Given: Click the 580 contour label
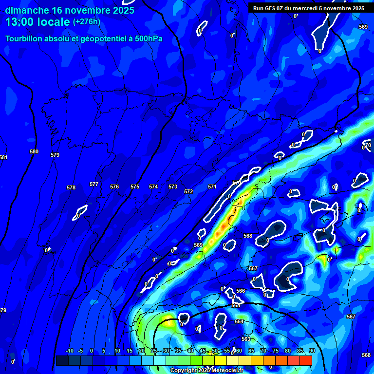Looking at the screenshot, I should pyautogui.click(x=34, y=151).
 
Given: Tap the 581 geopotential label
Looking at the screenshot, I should pyautogui.click(x=3, y=157).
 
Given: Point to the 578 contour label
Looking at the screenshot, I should pyautogui.click(x=71, y=187).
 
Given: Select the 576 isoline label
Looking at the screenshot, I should pyautogui.click(x=114, y=187).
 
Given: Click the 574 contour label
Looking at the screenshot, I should pyautogui.click(x=153, y=187).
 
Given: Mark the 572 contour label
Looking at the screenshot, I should pyautogui.click(x=188, y=191).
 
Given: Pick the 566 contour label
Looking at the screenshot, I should pyautogui.click(x=241, y=291).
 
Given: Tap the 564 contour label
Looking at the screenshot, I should pyautogui.click(x=239, y=321).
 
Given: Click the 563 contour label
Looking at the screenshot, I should pyautogui.click(x=245, y=339).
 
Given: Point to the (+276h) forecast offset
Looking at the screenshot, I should pyautogui.click(x=86, y=22).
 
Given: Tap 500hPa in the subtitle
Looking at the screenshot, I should pyautogui.click(x=149, y=38).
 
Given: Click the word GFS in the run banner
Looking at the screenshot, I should pyautogui.click(x=272, y=8).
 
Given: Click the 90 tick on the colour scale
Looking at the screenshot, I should pyautogui.click(x=312, y=351).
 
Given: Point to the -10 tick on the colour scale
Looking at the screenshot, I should pyautogui.click(x=69, y=351).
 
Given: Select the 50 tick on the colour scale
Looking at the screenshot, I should pyautogui.click(x=215, y=351).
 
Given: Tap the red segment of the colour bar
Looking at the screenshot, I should pyautogui.click(x=305, y=360).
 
